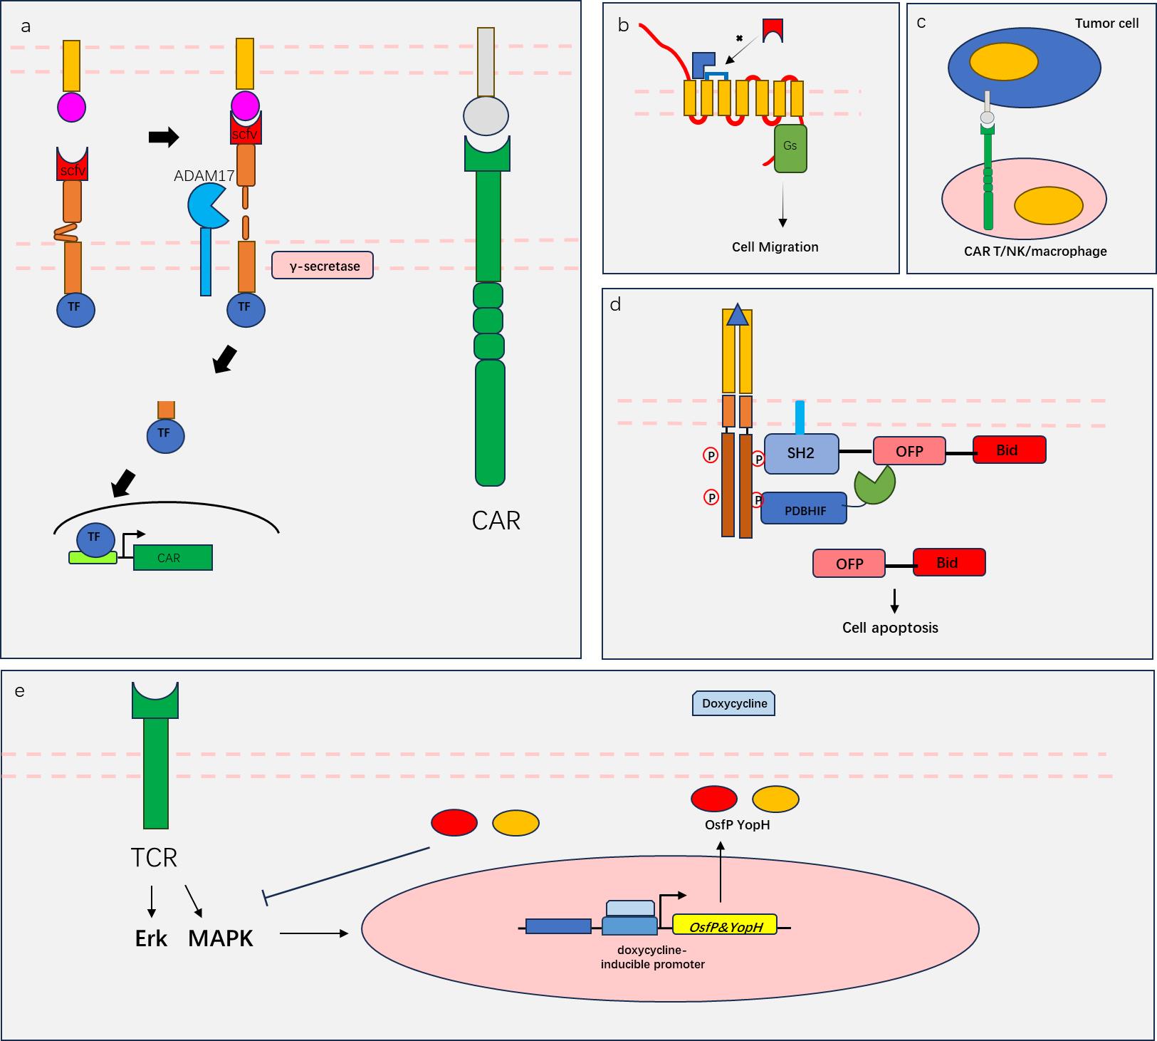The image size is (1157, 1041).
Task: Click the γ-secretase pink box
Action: point(323,266)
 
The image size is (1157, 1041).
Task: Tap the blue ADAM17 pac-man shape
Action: point(206,205)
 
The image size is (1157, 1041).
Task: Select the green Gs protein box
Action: point(790,148)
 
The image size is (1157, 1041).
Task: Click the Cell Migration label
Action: point(775,247)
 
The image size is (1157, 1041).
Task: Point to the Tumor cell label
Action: point(1106,24)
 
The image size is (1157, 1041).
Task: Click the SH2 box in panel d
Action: point(801,453)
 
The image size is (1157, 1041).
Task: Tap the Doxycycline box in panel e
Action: point(734,703)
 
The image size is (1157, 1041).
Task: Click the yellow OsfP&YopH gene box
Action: point(725,926)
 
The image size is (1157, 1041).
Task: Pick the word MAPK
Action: point(220,938)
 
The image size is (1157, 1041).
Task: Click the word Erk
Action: point(151,938)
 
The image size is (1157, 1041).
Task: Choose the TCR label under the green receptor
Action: point(154,857)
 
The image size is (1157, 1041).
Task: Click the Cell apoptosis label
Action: point(890,628)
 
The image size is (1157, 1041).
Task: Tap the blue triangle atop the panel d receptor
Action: point(738,315)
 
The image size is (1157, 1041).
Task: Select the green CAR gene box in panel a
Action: point(173,557)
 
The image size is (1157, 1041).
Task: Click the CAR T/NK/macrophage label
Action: point(1035,251)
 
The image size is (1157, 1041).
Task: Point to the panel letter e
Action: point(19,690)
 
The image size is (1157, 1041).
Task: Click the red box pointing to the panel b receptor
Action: point(773,29)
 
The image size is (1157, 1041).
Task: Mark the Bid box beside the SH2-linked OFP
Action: point(1009,450)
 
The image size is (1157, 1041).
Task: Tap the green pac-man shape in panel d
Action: point(874,485)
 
